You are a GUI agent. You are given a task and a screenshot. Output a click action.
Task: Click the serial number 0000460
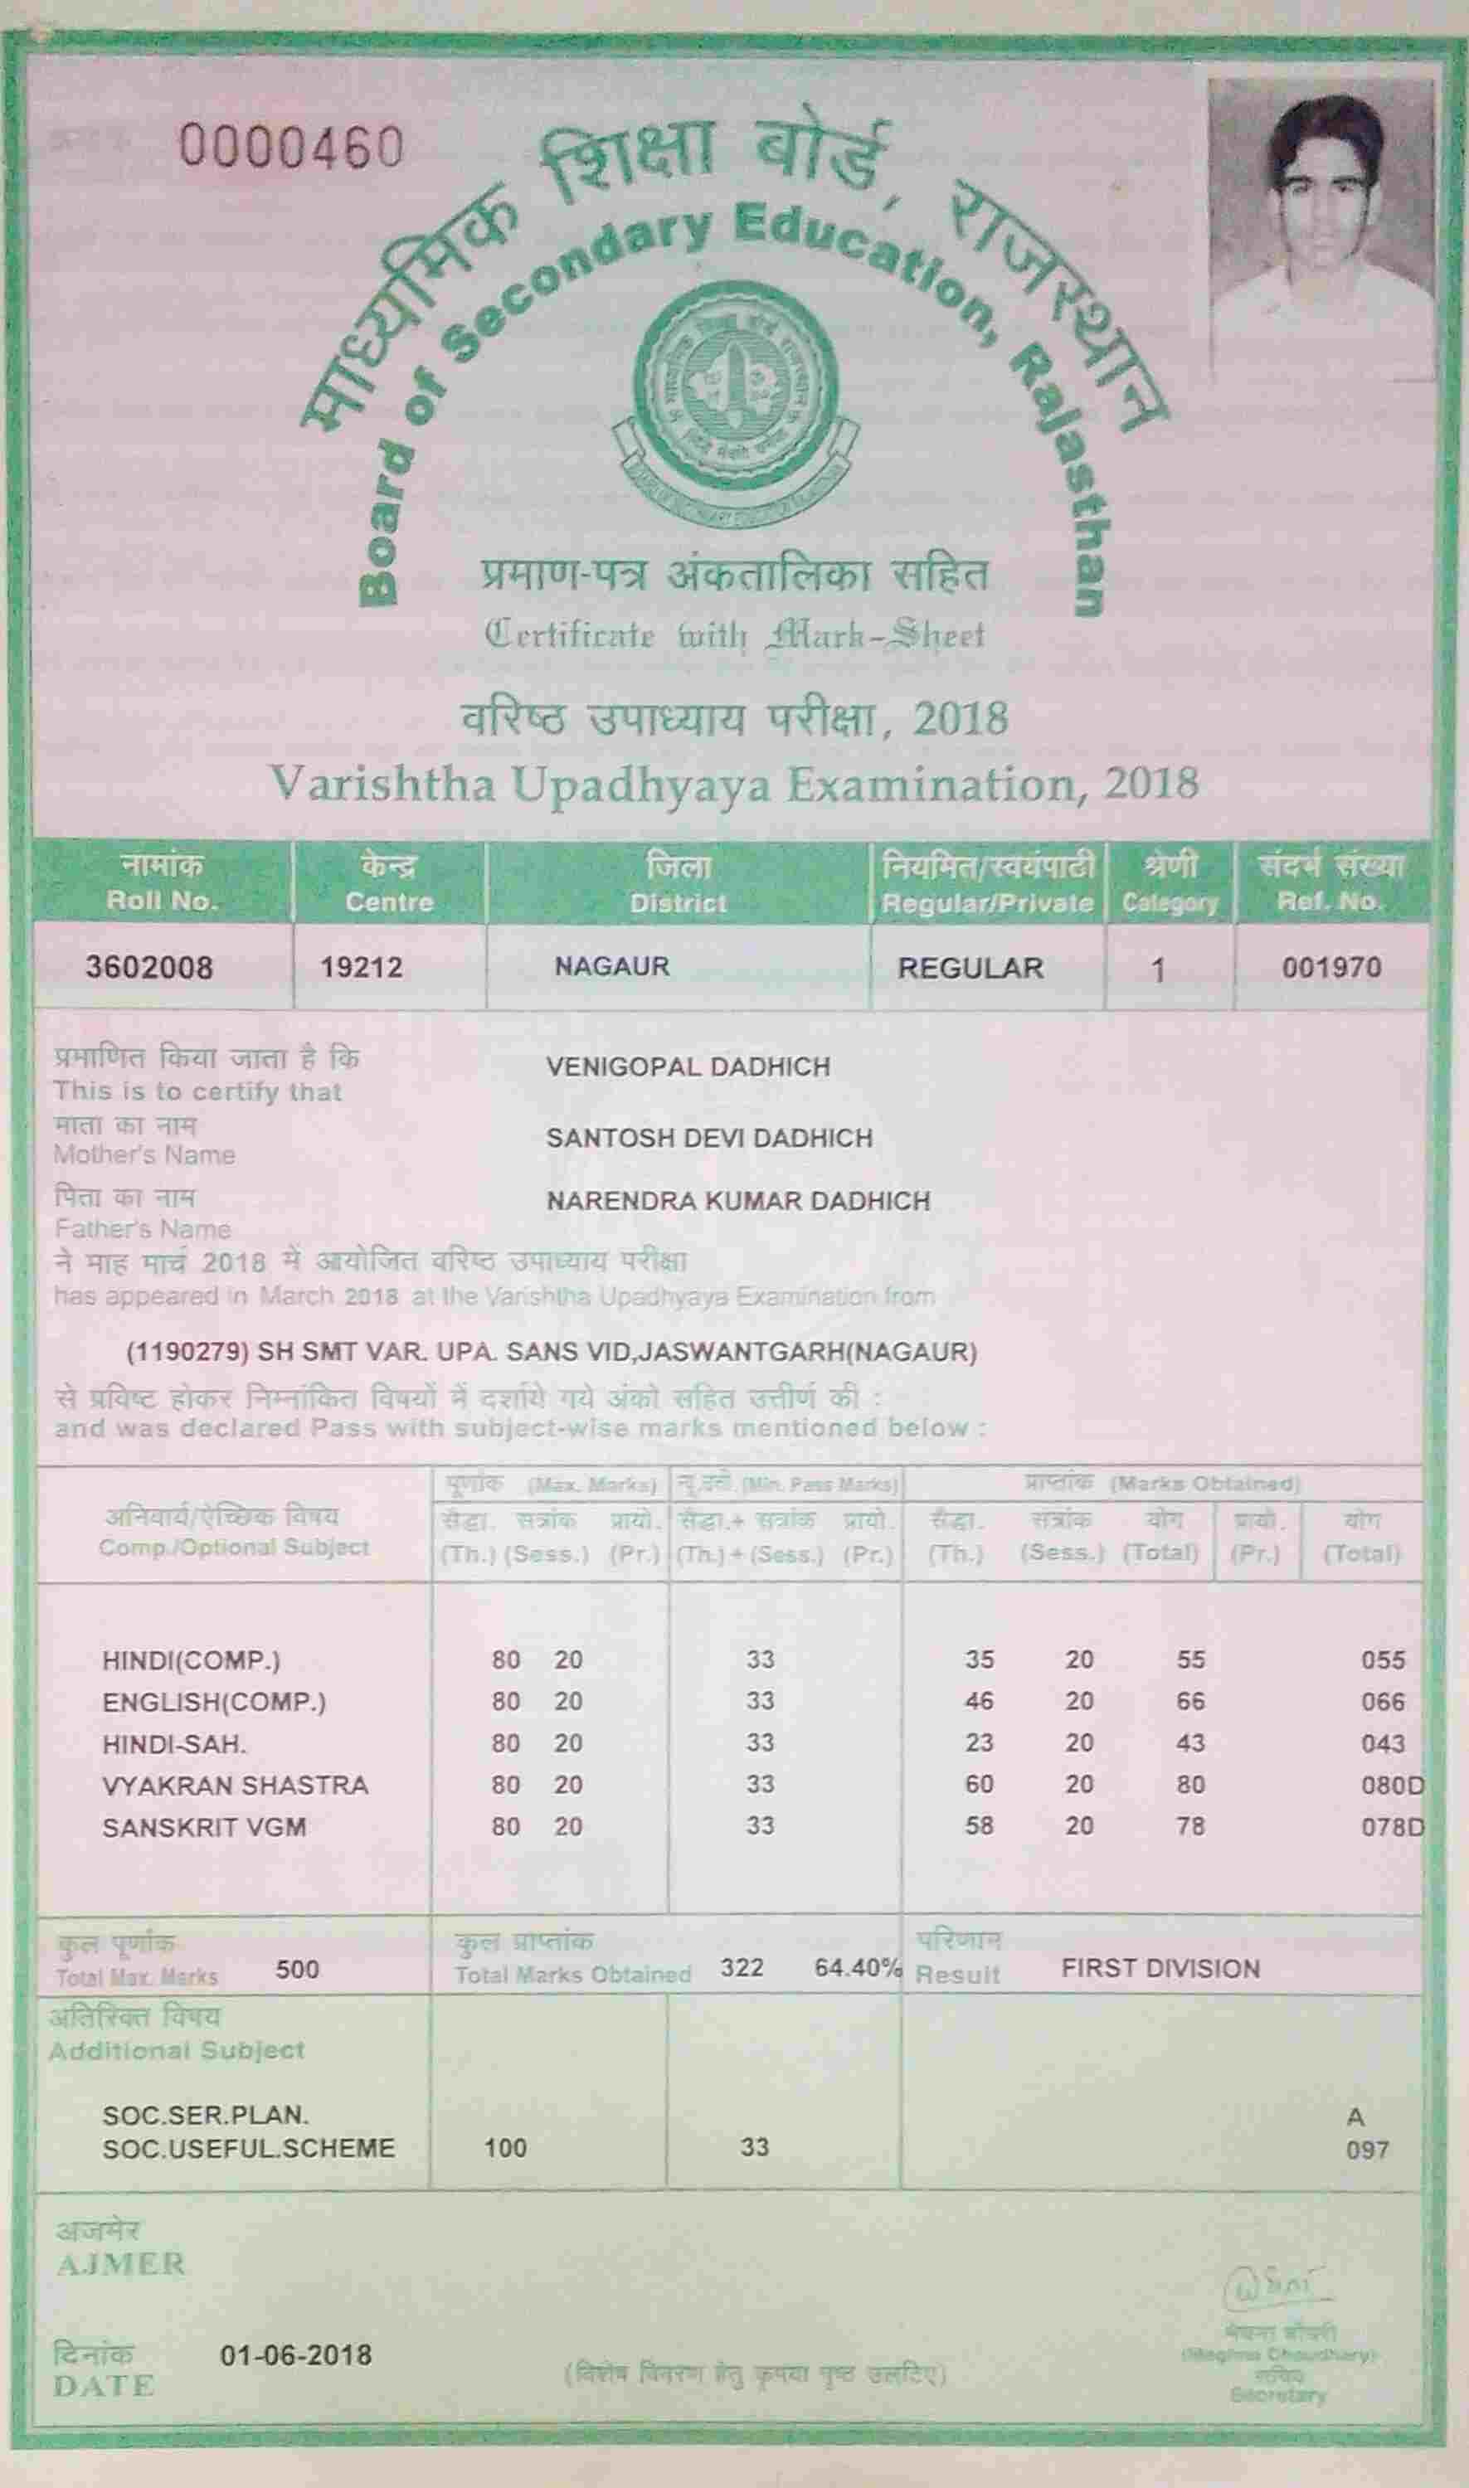[x=291, y=148]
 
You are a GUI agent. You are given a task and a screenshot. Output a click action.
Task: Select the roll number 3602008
[x=148, y=967]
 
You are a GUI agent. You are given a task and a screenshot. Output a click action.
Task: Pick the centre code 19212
[x=362, y=967]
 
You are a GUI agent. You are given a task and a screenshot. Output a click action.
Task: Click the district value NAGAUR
[x=612, y=966]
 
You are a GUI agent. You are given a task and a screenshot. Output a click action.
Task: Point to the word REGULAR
[x=970, y=968]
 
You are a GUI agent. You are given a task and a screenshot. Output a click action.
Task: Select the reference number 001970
[x=1330, y=967]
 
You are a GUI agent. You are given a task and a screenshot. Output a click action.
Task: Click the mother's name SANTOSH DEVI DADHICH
[x=708, y=1138]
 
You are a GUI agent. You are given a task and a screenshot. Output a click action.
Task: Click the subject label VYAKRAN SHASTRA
[x=236, y=1786]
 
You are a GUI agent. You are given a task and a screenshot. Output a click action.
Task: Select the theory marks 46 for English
[x=979, y=1701]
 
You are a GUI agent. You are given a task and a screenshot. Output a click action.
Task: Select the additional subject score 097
[x=1367, y=2150]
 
